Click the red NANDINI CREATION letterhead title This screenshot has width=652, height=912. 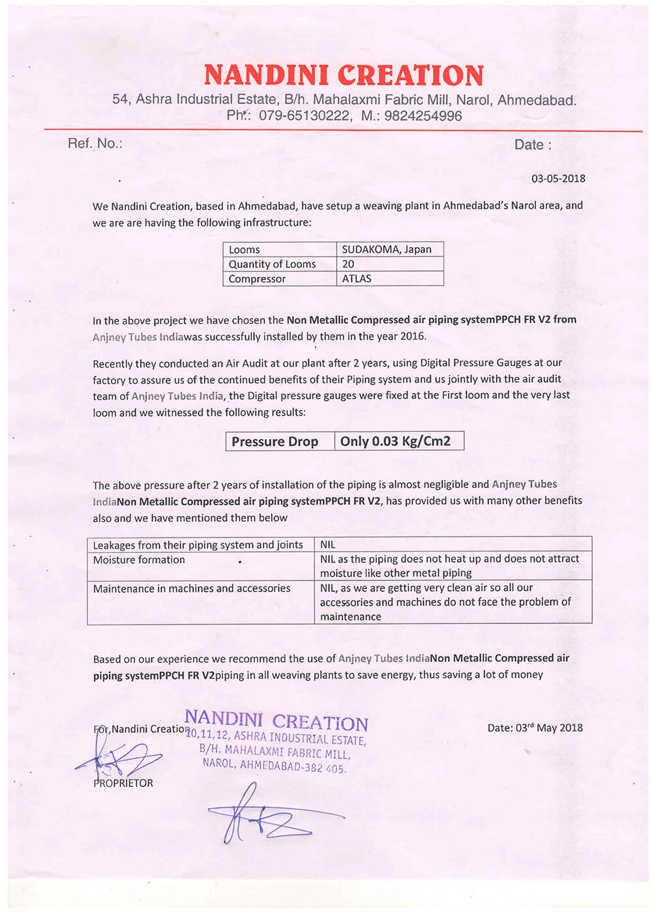tap(344, 76)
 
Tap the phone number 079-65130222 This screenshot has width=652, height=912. tap(304, 116)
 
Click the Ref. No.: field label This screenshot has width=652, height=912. tap(95, 143)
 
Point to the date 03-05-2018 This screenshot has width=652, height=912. tap(558, 178)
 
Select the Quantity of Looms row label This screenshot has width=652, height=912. tap(272, 264)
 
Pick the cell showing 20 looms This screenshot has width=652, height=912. tap(348, 264)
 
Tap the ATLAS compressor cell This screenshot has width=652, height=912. tap(357, 279)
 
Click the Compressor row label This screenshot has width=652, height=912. tap(257, 279)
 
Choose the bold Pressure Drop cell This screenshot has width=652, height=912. tap(274, 442)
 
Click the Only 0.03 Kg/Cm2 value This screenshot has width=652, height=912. tap(395, 441)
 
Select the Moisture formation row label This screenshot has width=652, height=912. tap(139, 560)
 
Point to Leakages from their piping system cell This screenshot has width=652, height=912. tap(198, 545)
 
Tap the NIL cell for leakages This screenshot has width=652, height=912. tap(327, 545)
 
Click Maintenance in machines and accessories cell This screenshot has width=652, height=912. tap(192, 588)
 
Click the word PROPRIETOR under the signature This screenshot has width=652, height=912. tap(123, 783)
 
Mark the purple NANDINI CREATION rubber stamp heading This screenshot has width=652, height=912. tap(276, 720)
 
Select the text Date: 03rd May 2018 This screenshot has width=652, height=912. tap(535, 728)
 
